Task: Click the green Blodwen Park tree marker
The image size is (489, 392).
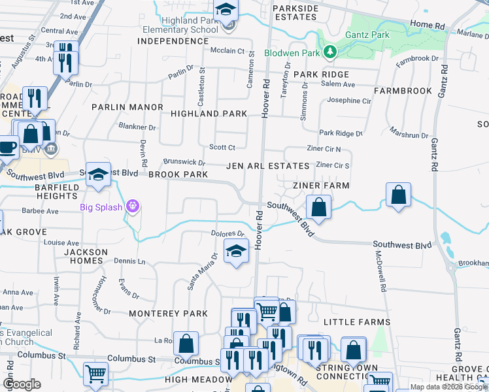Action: click(331, 52)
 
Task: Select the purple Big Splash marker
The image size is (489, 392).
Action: click(133, 207)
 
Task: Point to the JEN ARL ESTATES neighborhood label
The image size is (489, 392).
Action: click(267, 167)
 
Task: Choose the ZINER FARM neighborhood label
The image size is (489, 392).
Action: click(321, 186)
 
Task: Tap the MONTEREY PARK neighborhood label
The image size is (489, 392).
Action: click(168, 314)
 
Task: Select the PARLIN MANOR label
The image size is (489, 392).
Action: click(127, 107)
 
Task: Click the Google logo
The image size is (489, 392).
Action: click(22, 384)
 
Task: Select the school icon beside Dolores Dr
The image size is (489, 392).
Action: click(236, 251)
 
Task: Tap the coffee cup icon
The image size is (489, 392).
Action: click(7, 146)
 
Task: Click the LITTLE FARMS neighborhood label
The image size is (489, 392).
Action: click(357, 322)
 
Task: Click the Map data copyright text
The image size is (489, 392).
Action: click(448, 387)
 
